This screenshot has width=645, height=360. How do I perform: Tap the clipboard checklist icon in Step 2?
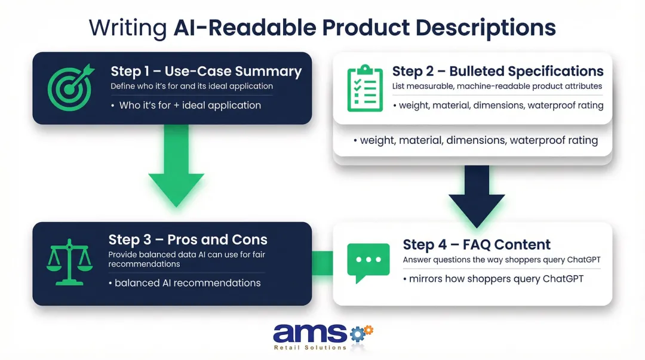[x=364, y=88]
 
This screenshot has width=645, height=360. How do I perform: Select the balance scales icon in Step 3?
[x=69, y=263]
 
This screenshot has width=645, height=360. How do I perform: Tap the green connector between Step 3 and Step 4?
[x=322, y=263]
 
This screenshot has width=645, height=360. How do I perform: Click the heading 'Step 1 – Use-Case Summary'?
[x=206, y=72]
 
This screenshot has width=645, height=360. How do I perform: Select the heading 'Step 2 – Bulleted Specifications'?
[x=497, y=71]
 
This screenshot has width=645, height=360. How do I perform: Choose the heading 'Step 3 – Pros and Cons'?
[x=188, y=240]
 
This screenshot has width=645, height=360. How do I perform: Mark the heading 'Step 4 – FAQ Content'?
[x=477, y=244]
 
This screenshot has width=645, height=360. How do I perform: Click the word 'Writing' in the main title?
[x=128, y=27]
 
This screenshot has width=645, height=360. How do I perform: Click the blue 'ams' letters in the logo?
[x=309, y=333]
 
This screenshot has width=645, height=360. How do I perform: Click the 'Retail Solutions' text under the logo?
[x=309, y=347]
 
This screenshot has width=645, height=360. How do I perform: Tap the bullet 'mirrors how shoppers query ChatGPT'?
[x=493, y=279]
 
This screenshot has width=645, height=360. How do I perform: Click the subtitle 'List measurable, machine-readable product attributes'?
[x=497, y=87]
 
